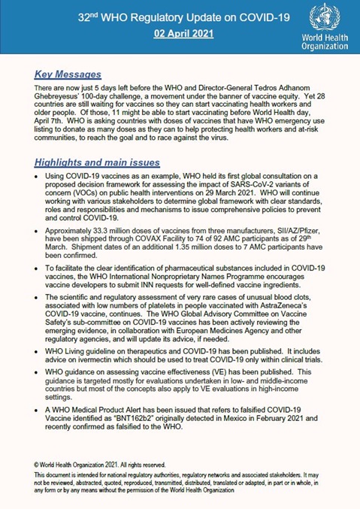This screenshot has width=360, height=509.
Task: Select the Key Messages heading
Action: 68,74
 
